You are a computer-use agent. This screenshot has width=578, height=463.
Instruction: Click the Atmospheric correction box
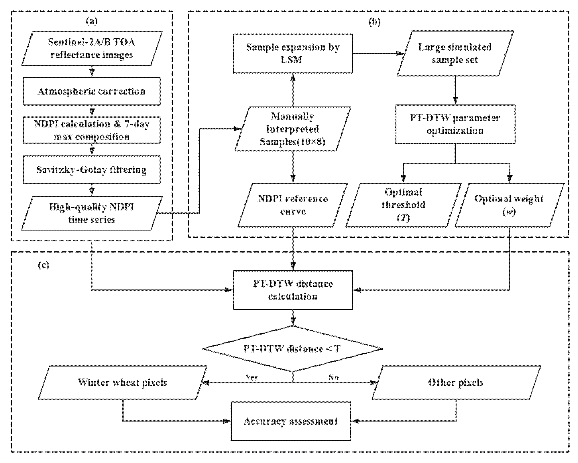click(x=92, y=91)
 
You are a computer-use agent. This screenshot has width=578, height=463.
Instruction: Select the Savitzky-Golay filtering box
click(x=92, y=170)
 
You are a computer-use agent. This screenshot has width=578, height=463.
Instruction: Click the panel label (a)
click(x=92, y=21)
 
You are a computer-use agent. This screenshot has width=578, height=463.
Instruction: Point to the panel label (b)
click(x=375, y=22)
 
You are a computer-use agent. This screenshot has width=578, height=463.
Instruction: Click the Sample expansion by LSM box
click(x=293, y=53)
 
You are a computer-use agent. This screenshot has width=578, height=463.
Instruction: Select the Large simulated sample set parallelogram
click(x=455, y=53)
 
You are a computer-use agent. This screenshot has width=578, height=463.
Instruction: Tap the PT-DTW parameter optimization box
click(x=455, y=124)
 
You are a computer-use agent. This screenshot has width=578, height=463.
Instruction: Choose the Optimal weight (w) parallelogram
click(x=509, y=205)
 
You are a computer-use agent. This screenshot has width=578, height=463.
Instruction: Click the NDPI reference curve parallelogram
click(x=293, y=205)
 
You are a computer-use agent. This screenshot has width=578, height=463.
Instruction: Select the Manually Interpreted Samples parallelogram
click(x=293, y=129)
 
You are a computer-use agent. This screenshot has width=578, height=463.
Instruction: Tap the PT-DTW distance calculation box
click(x=293, y=290)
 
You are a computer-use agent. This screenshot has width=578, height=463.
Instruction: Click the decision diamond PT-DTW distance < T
click(x=292, y=349)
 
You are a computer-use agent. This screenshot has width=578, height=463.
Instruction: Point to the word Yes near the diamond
click(x=251, y=377)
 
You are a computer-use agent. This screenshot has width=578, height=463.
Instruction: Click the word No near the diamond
click(x=333, y=377)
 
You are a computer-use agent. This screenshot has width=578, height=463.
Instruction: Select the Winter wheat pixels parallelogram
click(x=123, y=383)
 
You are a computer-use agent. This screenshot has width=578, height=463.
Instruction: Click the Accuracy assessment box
click(x=291, y=421)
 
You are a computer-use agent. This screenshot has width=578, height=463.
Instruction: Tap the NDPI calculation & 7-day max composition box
click(x=92, y=130)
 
